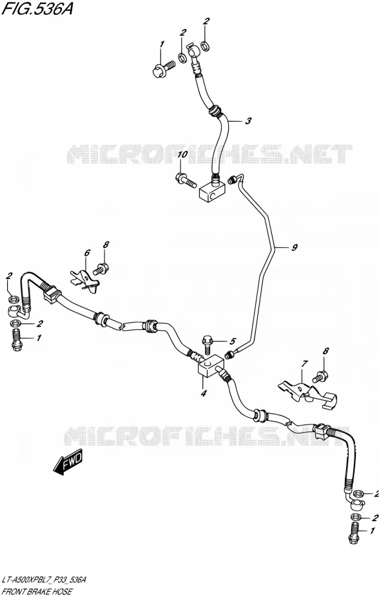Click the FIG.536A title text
[37, 9]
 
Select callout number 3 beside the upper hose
[248, 121]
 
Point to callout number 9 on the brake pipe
[294, 247]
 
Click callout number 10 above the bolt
[182, 155]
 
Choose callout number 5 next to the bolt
[233, 341]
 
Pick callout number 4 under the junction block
[203, 393]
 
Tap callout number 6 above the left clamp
[87, 253]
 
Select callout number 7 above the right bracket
[304, 364]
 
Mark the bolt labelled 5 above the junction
[206, 345]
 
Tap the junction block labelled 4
[209, 366]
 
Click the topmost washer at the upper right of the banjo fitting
[205, 46]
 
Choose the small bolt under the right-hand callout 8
[319, 377]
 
